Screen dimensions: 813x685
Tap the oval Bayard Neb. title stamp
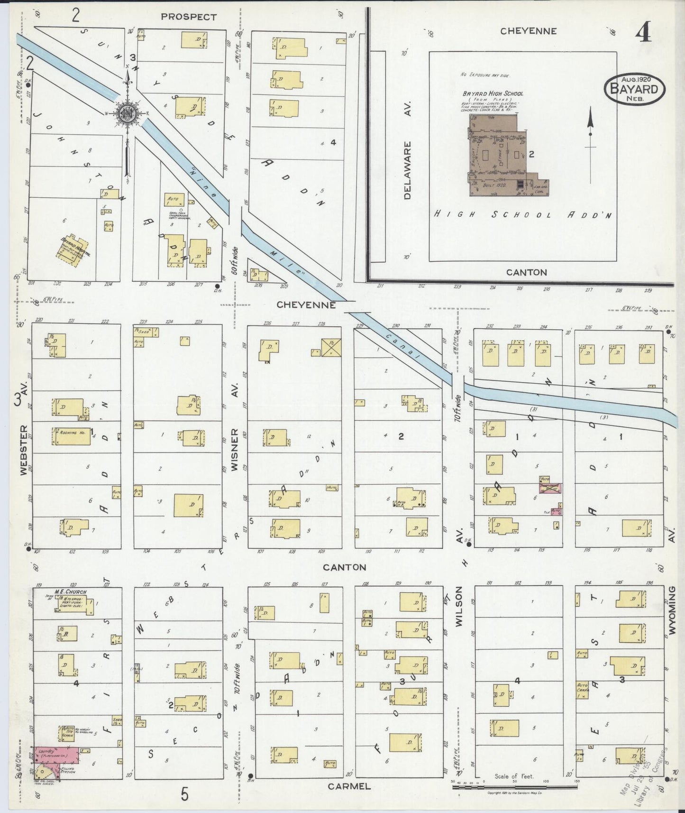pyautogui.click(x=634, y=89)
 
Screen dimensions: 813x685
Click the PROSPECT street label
pyautogui.click(x=188, y=17)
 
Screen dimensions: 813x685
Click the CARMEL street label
pyautogui.click(x=349, y=786)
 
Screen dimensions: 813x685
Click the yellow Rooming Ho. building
pyautogui.click(x=71, y=436)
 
